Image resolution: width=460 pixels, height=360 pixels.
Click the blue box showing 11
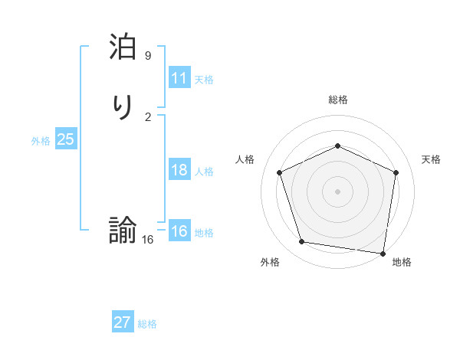[179, 78]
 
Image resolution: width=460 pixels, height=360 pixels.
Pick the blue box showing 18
[179, 170]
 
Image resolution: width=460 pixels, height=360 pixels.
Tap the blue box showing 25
[65, 139]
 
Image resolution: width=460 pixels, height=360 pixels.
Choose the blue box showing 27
[123, 322]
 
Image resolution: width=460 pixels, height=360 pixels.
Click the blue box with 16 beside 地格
[179, 231]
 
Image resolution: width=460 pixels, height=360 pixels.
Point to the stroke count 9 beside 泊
[148, 56]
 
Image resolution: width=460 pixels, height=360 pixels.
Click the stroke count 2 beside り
[148, 116]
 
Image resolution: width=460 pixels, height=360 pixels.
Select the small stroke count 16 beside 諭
[147, 240]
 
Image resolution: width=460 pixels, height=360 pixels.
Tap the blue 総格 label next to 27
[147, 324]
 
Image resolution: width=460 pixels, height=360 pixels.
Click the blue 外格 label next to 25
[41, 141]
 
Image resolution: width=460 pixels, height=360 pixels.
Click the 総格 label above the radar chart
[337, 100]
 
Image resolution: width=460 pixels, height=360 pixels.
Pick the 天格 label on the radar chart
[432, 159]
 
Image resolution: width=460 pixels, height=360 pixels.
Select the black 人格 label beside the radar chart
[245, 159]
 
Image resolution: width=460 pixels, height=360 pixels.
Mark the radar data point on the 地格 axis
[384, 253]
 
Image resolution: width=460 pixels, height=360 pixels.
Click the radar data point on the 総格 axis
[337, 146]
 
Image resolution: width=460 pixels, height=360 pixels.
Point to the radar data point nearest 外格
[302, 242]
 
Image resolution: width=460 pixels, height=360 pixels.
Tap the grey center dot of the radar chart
[337, 191]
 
